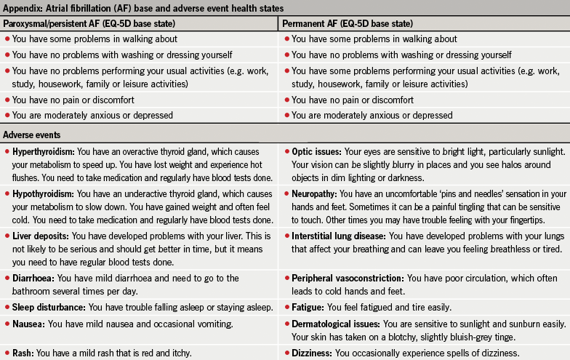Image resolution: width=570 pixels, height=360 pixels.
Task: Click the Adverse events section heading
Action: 31,135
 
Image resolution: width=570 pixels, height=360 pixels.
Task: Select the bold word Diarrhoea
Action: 33,279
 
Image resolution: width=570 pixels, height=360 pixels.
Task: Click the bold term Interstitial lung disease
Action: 338,237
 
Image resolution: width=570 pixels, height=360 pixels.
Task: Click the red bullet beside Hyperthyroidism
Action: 7,153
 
